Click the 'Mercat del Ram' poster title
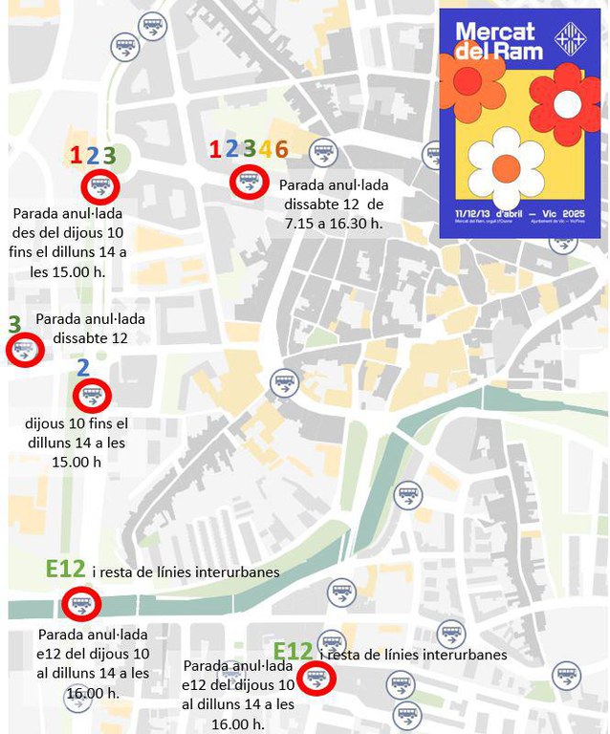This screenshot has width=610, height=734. (499, 40)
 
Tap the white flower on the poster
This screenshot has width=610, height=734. (507, 168)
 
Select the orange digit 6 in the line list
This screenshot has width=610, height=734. (280, 149)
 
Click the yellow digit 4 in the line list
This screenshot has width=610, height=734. (265, 149)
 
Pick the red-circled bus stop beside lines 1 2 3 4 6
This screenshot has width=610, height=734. (249, 181)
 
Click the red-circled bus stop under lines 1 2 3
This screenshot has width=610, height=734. (99, 186)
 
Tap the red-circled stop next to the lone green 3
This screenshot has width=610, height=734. (25, 351)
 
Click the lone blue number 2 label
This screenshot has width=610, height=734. (83, 368)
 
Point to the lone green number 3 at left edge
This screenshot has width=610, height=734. (14, 324)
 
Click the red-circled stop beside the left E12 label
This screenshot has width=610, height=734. (79, 604)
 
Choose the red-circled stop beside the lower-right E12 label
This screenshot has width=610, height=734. (316, 679)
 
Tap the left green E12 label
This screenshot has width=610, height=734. (65, 570)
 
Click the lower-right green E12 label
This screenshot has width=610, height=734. (293, 653)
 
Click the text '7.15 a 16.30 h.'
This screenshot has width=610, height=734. (331, 222)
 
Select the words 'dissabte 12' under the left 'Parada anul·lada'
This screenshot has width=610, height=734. (91, 337)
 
